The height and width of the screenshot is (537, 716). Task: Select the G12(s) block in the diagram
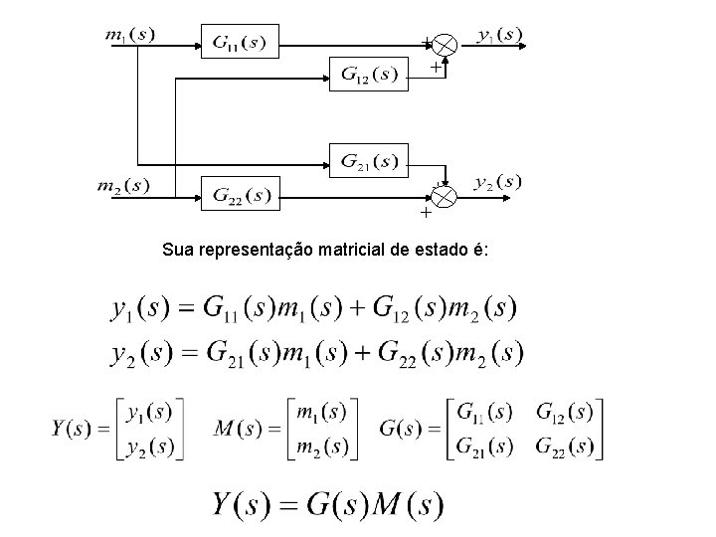click(x=368, y=73)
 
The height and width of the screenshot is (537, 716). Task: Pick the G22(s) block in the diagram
click(x=241, y=194)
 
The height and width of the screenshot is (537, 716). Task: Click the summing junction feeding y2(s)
click(x=444, y=196)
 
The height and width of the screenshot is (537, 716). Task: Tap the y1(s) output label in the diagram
click(x=499, y=36)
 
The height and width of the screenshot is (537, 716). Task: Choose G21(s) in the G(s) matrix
click(x=483, y=447)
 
